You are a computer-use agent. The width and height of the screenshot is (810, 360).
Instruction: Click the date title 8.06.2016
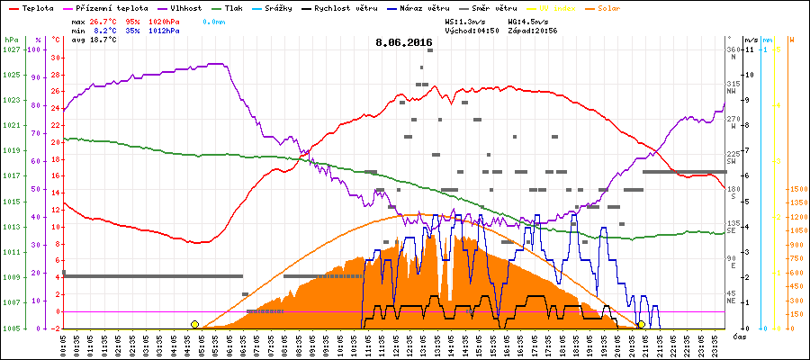click(404, 42)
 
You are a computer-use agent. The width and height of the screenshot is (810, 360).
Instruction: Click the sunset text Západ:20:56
click(533, 30)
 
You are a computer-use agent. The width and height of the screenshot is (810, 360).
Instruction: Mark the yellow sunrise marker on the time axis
click(194, 324)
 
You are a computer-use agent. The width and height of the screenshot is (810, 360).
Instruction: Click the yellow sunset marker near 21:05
click(641, 324)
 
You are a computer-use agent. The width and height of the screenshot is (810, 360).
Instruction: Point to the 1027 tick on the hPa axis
click(11, 49)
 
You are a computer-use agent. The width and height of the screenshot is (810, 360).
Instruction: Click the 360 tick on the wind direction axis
click(735, 49)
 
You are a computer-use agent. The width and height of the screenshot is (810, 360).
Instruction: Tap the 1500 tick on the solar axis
click(796, 190)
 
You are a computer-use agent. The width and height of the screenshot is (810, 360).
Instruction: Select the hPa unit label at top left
click(11, 40)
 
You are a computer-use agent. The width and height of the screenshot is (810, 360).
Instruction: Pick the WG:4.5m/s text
click(528, 20)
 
